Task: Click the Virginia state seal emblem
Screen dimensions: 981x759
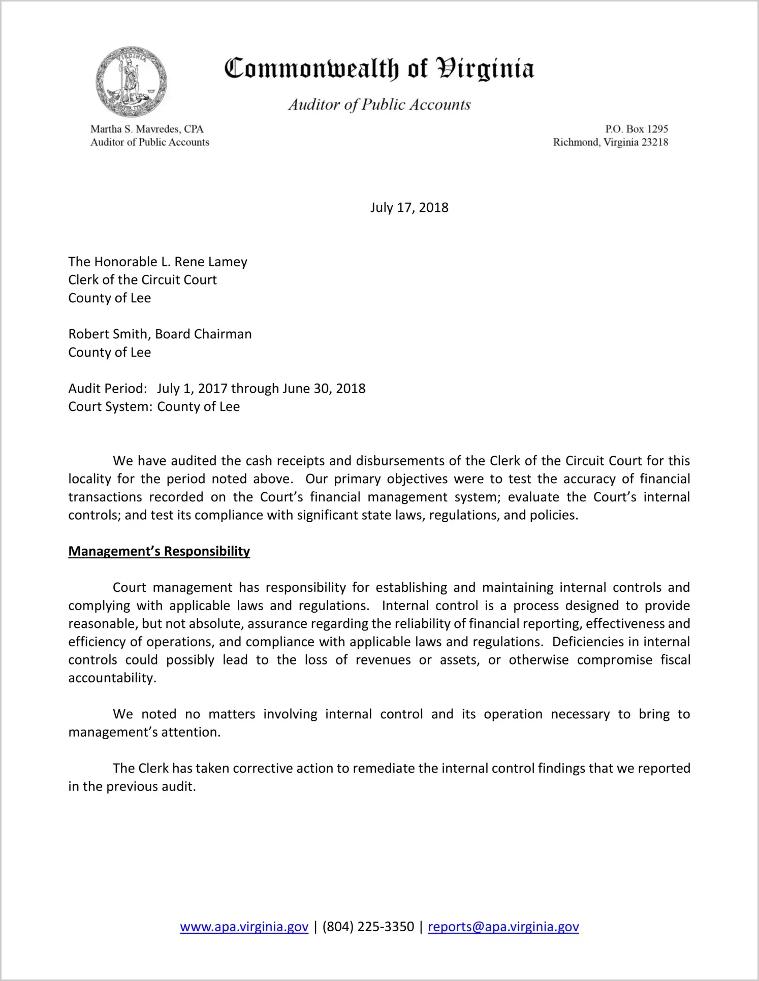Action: [x=131, y=82]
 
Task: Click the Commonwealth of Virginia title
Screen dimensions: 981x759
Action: [x=379, y=69]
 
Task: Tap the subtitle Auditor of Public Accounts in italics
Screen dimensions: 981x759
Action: [x=379, y=105]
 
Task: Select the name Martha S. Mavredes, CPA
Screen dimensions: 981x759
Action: [x=147, y=129]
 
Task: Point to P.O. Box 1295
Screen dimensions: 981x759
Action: [x=636, y=129]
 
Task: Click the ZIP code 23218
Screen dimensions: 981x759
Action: [x=655, y=142]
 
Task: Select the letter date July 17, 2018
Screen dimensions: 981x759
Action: [x=409, y=207]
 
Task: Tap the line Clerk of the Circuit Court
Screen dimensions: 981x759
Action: [x=142, y=280]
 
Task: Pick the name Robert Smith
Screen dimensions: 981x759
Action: [x=108, y=334]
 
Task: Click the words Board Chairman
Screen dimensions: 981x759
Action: [x=203, y=334]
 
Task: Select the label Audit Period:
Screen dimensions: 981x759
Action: [x=108, y=389]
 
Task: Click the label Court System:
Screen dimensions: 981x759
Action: [x=110, y=406]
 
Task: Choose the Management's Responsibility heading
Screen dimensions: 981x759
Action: [x=159, y=551]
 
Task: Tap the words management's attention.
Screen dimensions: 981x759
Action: [x=144, y=732]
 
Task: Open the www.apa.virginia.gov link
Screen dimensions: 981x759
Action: [x=244, y=927]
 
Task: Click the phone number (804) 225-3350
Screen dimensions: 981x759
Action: [x=368, y=927]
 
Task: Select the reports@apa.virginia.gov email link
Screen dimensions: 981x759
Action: [x=503, y=927]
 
